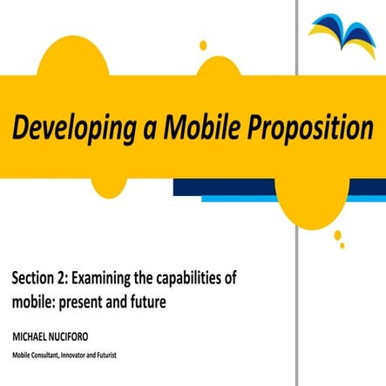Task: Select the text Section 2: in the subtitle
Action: pyautogui.click(x=39, y=279)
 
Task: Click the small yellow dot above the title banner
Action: pyautogui.click(x=203, y=45)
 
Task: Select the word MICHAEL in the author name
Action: pyautogui.click(x=30, y=335)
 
